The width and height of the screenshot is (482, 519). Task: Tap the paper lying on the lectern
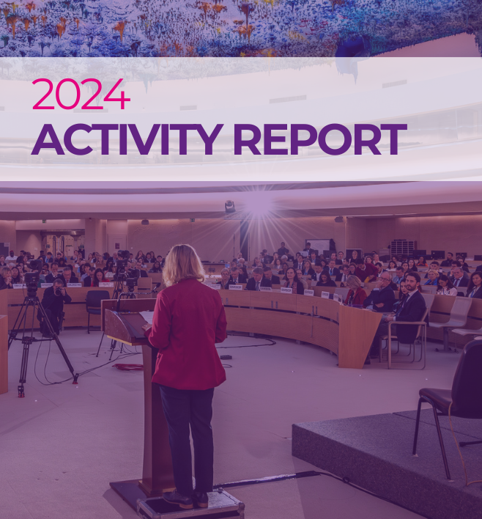[x=147, y=317]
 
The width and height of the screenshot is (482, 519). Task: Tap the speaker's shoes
[x=189, y=498]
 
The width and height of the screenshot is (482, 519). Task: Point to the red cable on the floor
[x=128, y=366]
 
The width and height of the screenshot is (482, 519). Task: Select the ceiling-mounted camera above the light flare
[x=230, y=207]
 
